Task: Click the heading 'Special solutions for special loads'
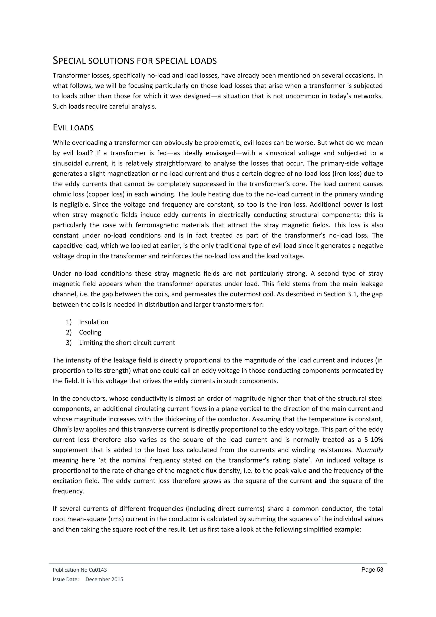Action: [135, 61]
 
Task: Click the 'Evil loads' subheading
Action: [73, 128]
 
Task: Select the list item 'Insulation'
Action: [93, 322]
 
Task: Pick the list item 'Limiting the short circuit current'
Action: [127, 343]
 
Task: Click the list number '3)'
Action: [69, 343]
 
